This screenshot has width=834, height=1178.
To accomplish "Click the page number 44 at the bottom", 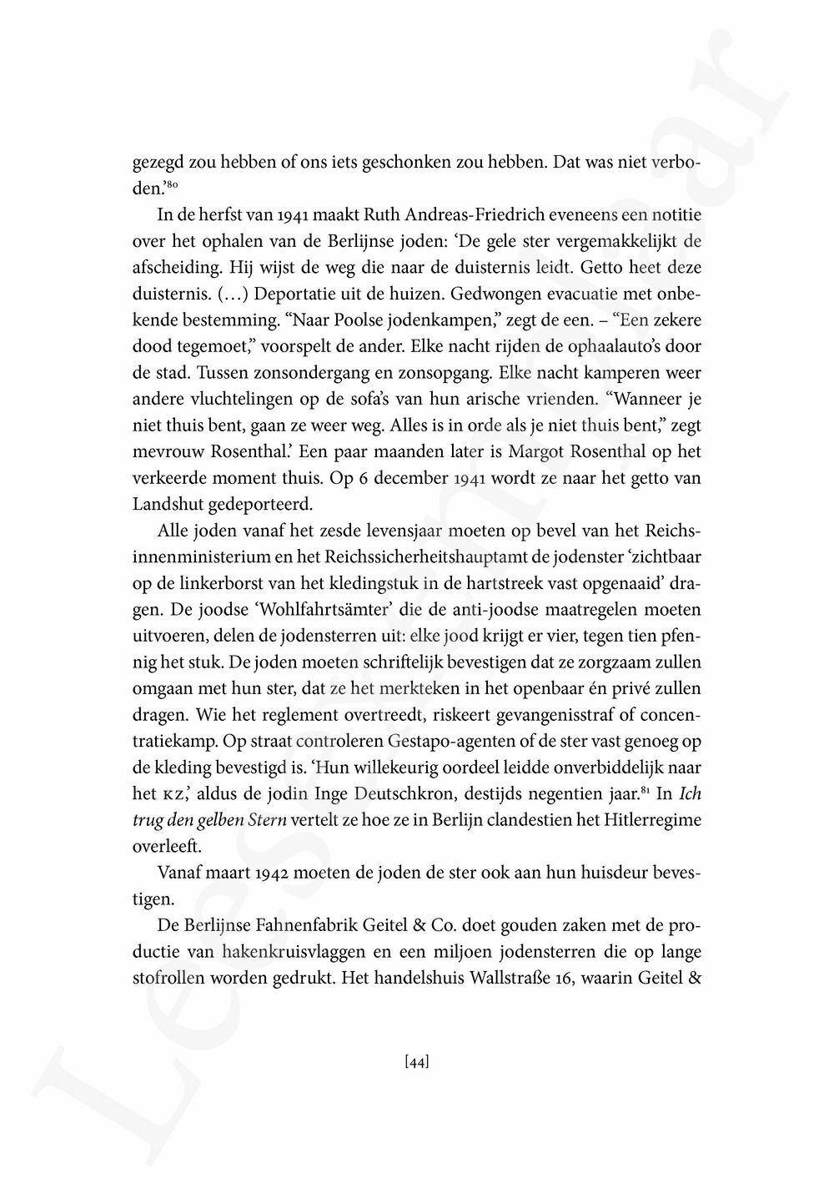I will pos(416,1062).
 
